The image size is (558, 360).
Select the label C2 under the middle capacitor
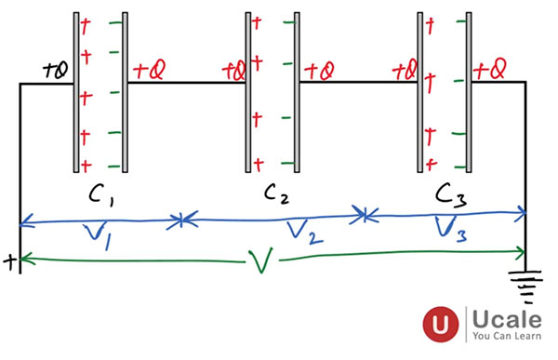[x=275, y=195]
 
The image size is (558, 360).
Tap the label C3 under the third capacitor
[x=453, y=196]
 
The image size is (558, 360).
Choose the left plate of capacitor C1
[x=75, y=91]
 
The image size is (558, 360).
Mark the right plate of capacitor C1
[x=126, y=91]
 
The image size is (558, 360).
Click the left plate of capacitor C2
[x=247, y=91]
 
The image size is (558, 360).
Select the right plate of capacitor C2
[x=299, y=91]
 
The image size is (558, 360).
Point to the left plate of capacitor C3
[x=419, y=91]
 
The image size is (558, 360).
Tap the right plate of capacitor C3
[x=471, y=91]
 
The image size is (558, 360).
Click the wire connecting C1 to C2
[x=186, y=83]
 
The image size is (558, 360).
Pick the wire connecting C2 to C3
[x=358, y=83]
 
